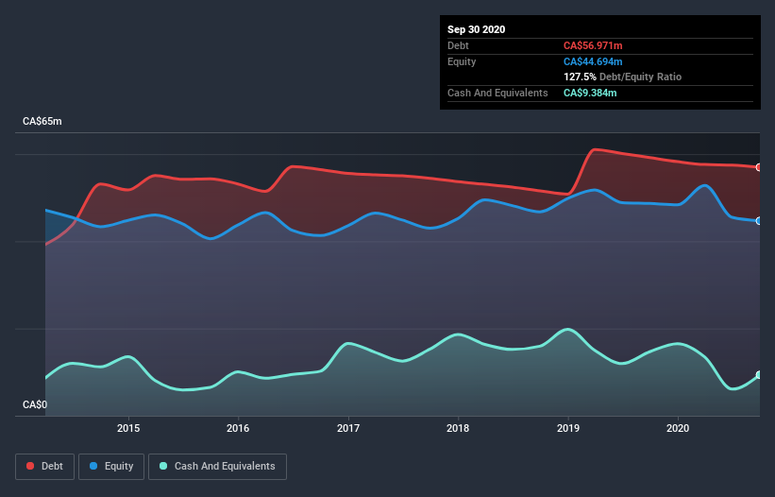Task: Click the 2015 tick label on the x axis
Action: tap(128, 427)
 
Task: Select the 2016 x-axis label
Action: tap(238, 427)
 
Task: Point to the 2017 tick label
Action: tap(348, 427)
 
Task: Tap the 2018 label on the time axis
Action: tap(458, 427)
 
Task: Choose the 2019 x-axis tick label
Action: tap(568, 427)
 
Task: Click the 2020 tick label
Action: tap(678, 427)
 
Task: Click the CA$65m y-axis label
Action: tap(42, 122)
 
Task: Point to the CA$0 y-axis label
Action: tap(35, 405)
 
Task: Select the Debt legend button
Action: tap(45, 466)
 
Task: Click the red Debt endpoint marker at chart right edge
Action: tap(759, 167)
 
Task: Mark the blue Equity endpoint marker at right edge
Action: tap(759, 221)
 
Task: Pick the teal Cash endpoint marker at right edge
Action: tap(759, 375)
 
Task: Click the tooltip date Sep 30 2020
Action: tap(476, 29)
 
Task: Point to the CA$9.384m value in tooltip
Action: tap(591, 93)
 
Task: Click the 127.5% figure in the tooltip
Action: tap(580, 77)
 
